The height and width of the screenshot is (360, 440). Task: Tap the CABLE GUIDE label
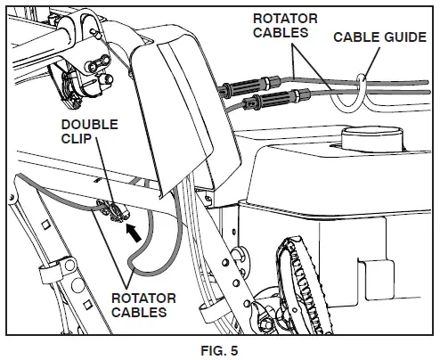375,37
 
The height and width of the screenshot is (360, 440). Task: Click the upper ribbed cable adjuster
242,87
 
